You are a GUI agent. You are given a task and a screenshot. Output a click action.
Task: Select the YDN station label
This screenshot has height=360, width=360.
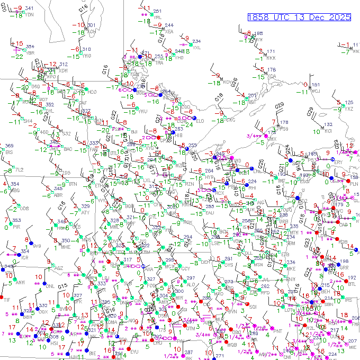click(x=29, y=15)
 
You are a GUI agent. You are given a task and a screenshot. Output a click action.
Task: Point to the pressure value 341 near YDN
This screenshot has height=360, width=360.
click(x=29, y=8)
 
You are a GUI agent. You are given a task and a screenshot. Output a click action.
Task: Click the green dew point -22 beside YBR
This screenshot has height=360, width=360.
click(x=19, y=56)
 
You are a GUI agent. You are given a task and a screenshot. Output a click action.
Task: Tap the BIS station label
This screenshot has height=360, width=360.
click(x=9, y=152)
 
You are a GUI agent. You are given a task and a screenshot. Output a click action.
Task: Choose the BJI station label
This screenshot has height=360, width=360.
click(x=134, y=132)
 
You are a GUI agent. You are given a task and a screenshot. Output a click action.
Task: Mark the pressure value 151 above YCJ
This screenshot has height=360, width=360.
click(x=316, y=85)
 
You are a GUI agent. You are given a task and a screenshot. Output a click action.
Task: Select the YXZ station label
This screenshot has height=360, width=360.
click(x=348, y=109)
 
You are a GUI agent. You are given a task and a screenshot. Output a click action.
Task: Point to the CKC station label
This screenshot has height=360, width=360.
click(x=230, y=120)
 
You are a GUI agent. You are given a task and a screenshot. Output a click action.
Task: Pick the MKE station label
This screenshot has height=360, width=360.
click(x=291, y=269)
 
